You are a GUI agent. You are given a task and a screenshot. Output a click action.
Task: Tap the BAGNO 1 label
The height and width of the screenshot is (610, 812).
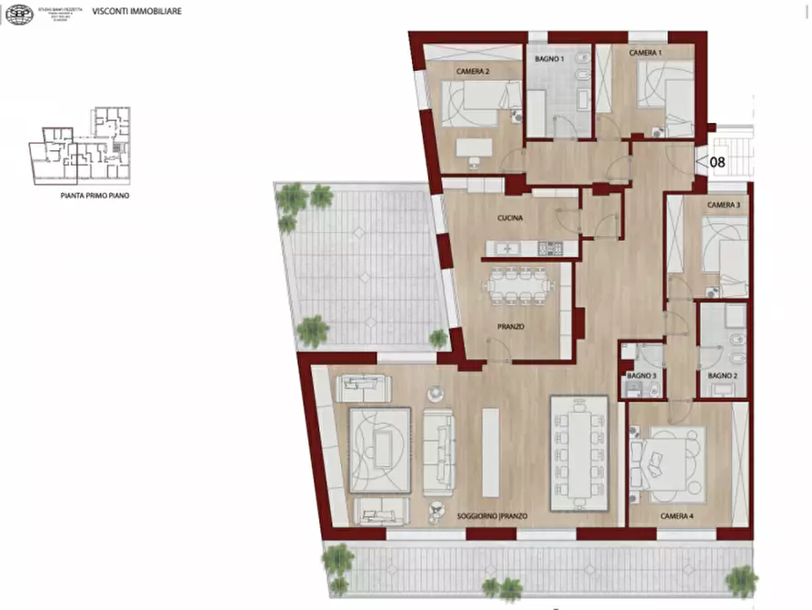click(x=549, y=59)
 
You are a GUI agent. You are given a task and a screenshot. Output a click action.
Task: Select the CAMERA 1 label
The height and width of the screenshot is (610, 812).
click(x=646, y=54)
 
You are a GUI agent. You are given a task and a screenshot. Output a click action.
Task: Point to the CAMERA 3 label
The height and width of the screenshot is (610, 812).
click(x=724, y=205)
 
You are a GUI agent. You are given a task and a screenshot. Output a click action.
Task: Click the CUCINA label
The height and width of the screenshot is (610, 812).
click(x=509, y=219)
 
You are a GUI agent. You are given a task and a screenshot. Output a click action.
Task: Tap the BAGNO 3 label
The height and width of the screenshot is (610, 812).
click(x=642, y=376)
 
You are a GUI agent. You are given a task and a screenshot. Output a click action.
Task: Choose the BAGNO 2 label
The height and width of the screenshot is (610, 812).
click(x=722, y=376)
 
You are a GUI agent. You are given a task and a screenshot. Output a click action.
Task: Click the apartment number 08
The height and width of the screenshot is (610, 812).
click(x=717, y=163)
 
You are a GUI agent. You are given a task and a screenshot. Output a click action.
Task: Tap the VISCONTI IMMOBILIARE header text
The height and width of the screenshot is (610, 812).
click(x=136, y=12)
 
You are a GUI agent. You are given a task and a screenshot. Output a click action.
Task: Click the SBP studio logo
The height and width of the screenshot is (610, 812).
click(x=18, y=14)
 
